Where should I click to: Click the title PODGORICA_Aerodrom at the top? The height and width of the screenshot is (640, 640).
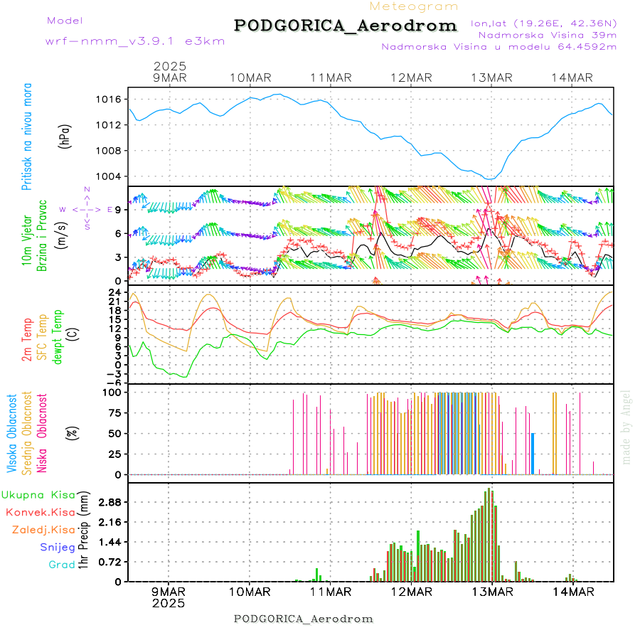pyautogui.click(x=345, y=26)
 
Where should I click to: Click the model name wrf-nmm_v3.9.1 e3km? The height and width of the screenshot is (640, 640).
pyautogui.click(x=135, y=41)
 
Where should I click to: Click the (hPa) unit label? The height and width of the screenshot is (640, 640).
pyautogui.click(x=65, y=136)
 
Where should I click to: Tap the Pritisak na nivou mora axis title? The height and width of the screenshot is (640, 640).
pyautogui.click(x=28, y=136)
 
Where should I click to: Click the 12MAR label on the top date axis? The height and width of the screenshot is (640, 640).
pyautogui.click(x=411, y=78)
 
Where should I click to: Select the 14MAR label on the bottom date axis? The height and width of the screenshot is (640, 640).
pyautogui.click(x=573, y=591)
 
